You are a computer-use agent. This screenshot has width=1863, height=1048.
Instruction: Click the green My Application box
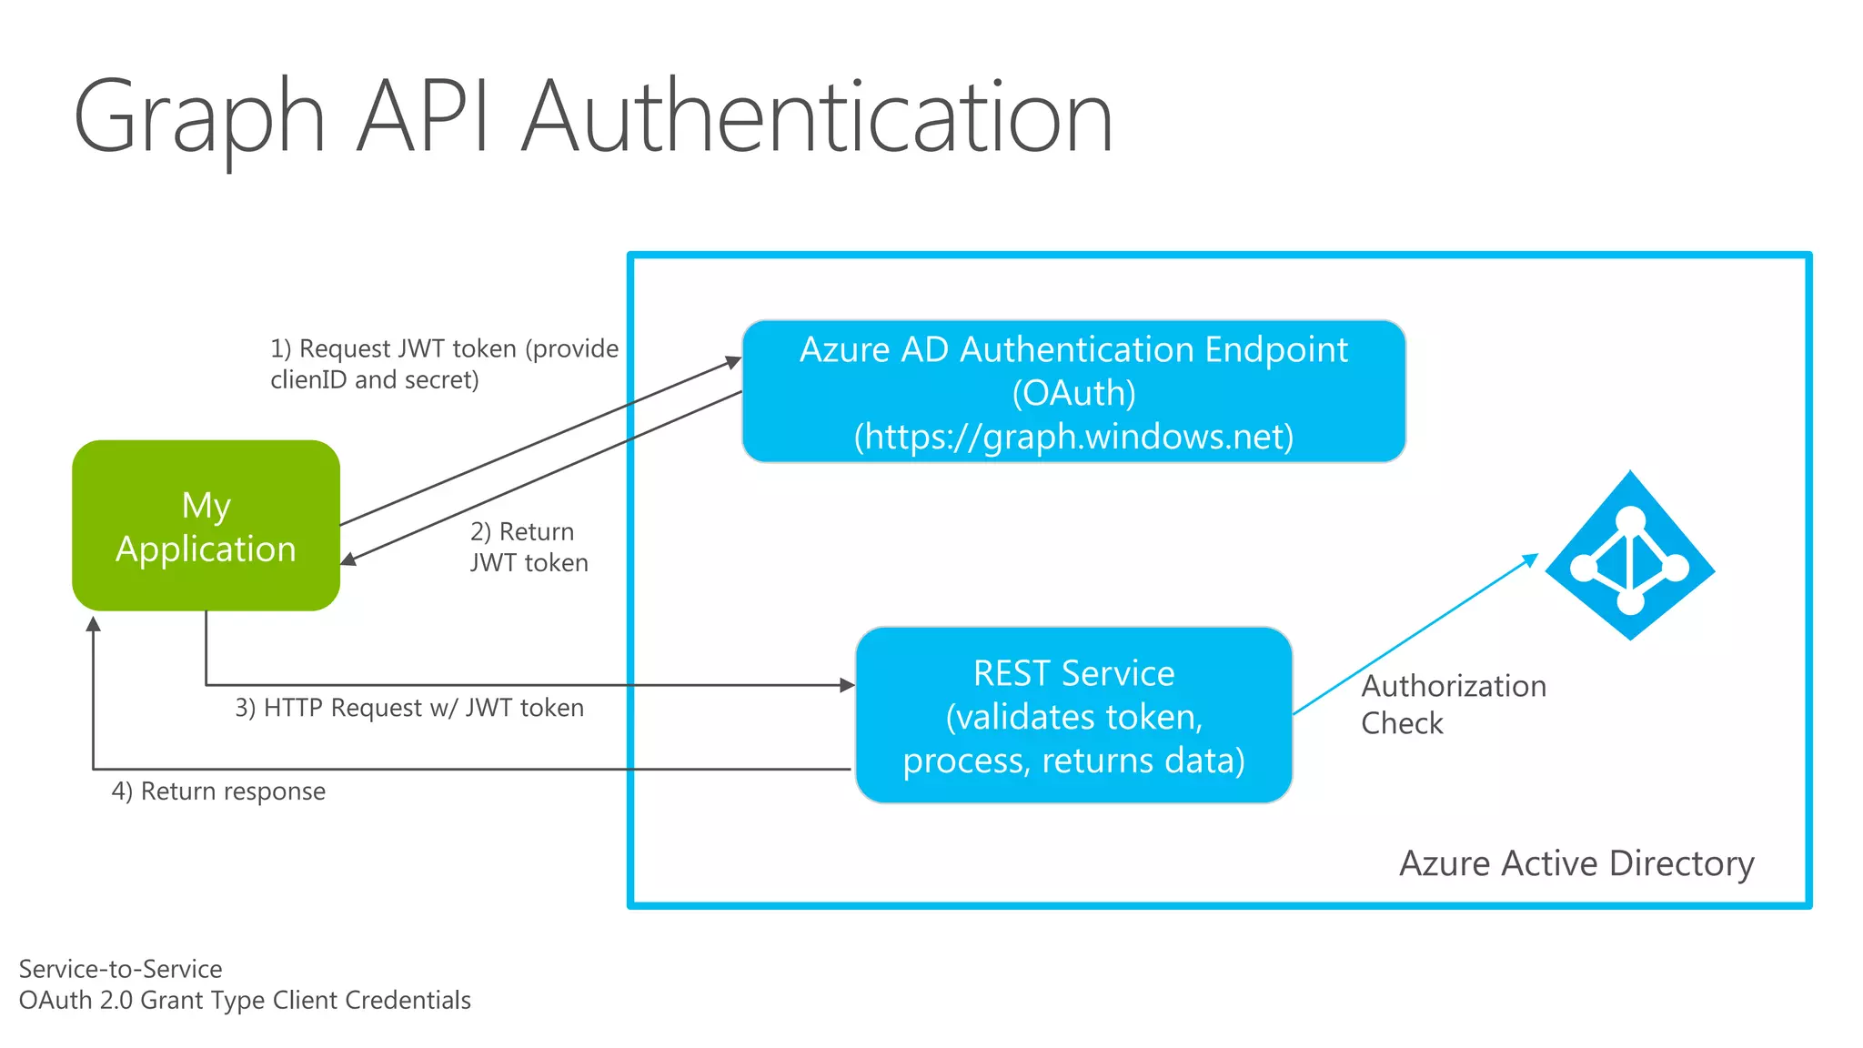pos(206,526)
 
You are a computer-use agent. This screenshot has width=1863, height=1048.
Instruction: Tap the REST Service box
pos(1073,715)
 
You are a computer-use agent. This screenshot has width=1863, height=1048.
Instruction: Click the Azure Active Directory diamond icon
pos(1630,556)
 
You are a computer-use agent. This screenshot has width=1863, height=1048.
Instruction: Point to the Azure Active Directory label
pos(1576,863)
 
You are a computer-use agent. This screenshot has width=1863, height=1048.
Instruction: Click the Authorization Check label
pos(1452,704)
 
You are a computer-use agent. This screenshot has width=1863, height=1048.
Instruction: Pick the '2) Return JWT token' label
pos(529,547)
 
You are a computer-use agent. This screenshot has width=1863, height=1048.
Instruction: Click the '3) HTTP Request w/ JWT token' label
pos(409,708)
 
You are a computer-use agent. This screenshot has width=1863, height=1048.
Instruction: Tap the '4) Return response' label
pos(218,791)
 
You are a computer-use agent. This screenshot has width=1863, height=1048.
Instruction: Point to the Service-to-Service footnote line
pos(120,969)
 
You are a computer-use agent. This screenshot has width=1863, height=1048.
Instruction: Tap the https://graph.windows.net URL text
pos(1073,437)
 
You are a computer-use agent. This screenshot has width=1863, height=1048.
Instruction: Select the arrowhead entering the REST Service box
pos(847,685)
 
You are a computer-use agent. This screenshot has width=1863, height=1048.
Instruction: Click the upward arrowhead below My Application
pos(93,624)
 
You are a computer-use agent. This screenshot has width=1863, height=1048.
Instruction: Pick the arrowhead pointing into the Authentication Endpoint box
pos(733,362)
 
